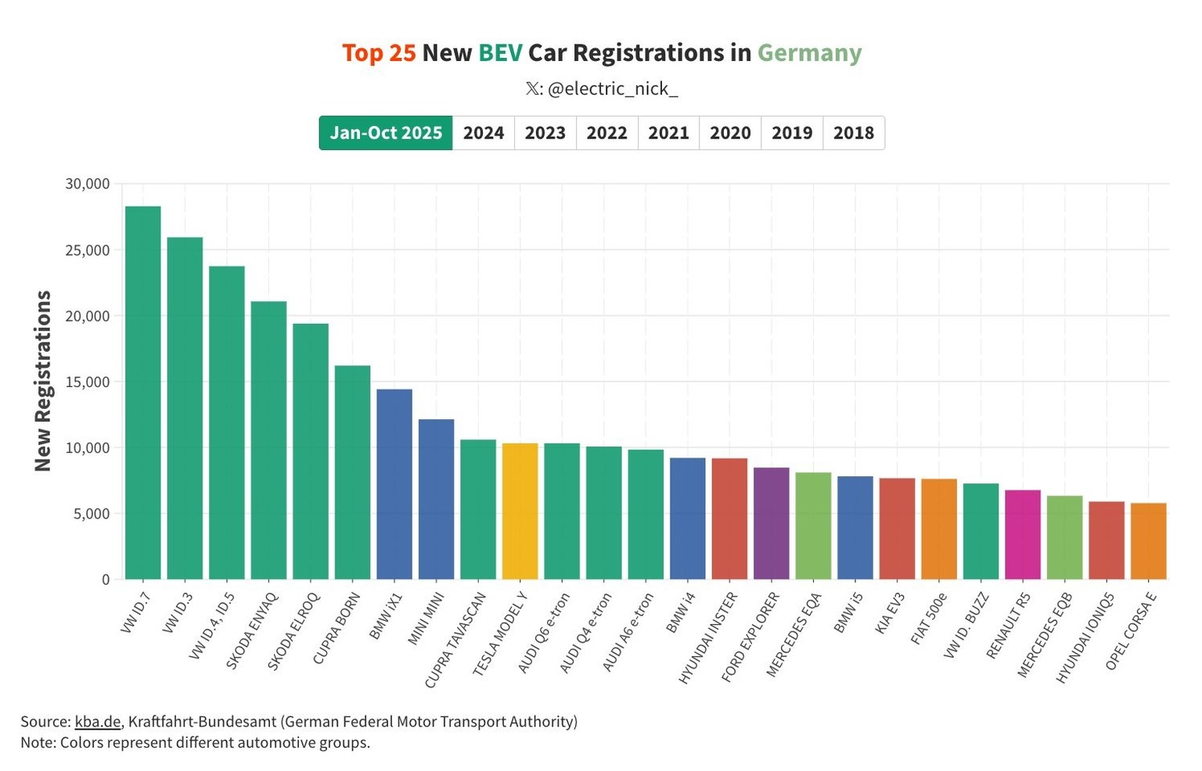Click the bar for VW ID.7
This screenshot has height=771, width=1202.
(142, 393)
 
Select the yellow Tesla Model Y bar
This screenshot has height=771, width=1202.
(520, 511)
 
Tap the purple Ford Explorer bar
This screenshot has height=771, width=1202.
(771, 523)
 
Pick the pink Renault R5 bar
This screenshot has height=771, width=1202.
(1022, 535)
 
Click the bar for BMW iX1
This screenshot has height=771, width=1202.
(394, 484)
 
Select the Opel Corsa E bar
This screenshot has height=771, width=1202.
(1148, 541)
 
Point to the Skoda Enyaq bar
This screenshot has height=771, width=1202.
(268, 440)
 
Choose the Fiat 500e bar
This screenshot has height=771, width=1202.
(938, 529)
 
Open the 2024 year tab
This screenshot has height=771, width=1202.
(483, 133)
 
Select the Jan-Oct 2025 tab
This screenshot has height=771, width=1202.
(386, 133)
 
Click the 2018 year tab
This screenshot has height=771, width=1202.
(853, 133)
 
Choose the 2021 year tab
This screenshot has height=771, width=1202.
(668, 133)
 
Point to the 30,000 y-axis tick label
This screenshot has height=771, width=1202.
(88, 184)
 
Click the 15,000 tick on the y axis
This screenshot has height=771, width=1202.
(88, 382)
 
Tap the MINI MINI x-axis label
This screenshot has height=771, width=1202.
(426, 618)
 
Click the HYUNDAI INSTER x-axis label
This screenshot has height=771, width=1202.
(708, 637)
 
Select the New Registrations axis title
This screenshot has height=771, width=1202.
(43, 381)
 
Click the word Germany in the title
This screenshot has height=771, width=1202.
(809, 53)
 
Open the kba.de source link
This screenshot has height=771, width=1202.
(98, 722)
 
